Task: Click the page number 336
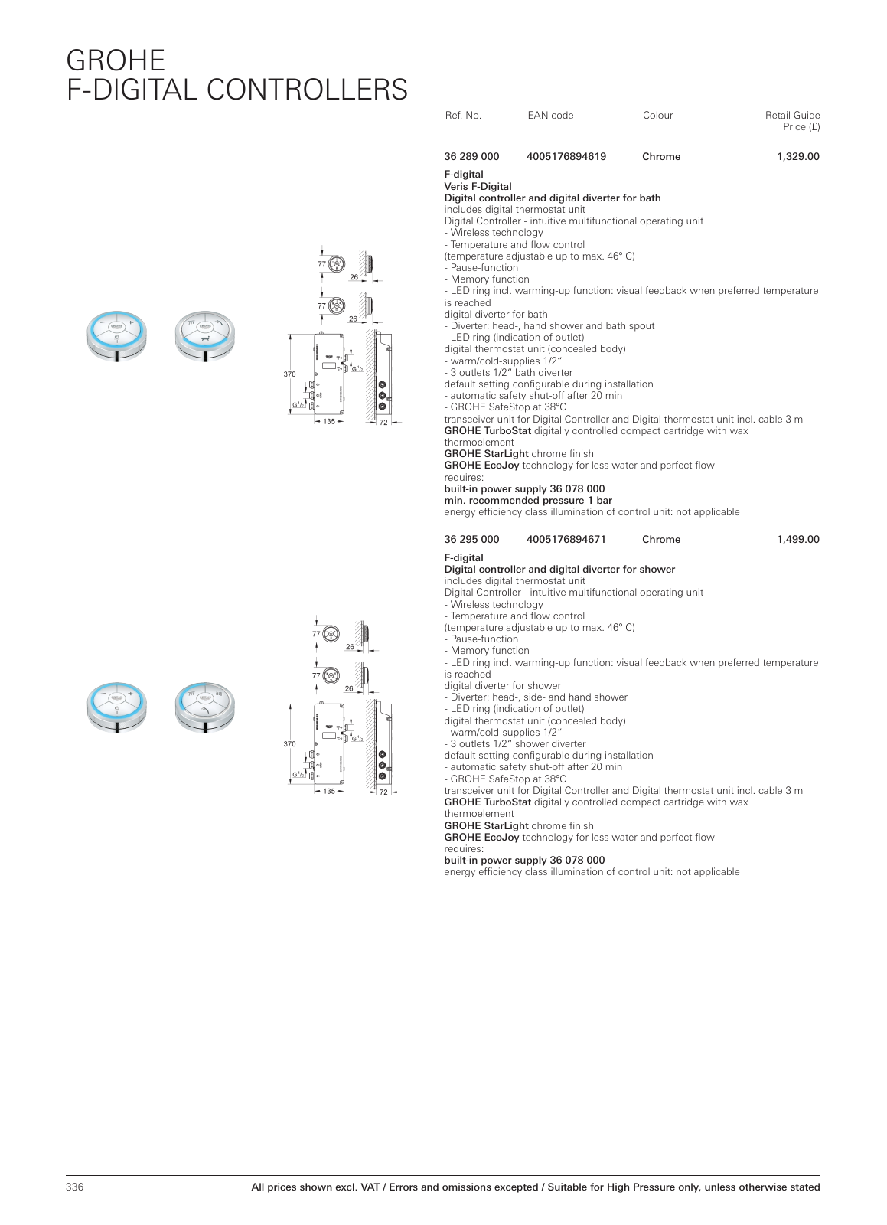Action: (x=75, y=1187)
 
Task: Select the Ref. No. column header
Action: (x=463, y=116)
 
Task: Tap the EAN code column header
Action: (x=550, y=116)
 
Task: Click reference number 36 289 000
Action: (x=471, y=157)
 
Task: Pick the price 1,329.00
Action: (x=797, y=157)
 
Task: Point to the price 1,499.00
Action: (x=797, y=540)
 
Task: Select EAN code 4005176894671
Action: (x=566, y=540)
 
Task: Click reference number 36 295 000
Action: (x=471, y=540)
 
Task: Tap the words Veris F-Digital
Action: (x=478, y=186)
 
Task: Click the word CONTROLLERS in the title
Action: (x=307, y=90)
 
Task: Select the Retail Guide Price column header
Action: (x=792, y=121)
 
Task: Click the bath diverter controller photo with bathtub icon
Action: (x=204, y=335)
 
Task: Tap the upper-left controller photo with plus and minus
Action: (x=116, y=335)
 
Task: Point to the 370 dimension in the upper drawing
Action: (x=289, y=374)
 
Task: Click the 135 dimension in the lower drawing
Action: (x=329, y=792)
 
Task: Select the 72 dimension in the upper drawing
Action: (x=383, y=422)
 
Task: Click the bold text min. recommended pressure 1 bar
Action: (x=528, y=501)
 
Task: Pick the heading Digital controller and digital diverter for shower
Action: (x=559, y=570)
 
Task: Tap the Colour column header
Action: (x=657, y=116)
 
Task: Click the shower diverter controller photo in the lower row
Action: (x=204, y=707)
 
